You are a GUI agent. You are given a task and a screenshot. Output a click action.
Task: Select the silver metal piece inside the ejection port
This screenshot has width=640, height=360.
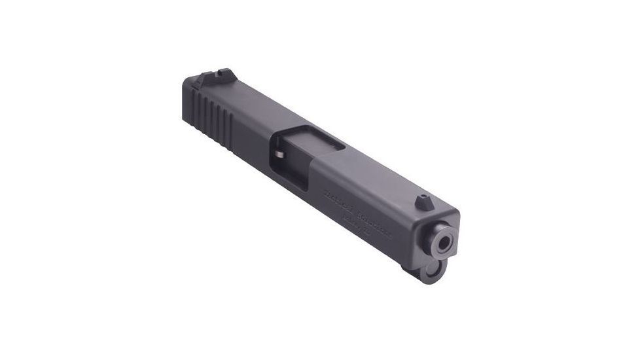click(279, 155)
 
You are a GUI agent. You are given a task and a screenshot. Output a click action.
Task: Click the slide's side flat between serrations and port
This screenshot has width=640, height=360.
click(252, 147)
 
